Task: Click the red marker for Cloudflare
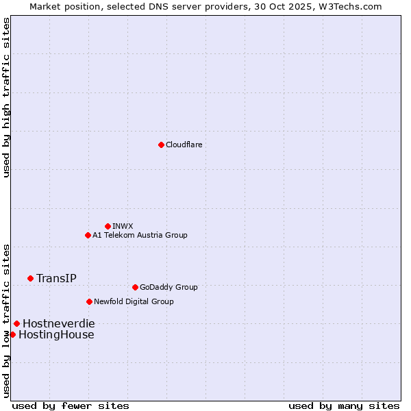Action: pos(161,145)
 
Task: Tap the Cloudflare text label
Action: pos(184,145)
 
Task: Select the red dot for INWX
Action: pos(108,226)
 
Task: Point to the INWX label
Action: pos(123,226)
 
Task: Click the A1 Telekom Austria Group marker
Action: pos(88,235)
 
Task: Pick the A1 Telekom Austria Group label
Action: pos(140,235)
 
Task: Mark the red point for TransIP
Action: pos(30,278)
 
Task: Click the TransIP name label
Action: pos(56,278)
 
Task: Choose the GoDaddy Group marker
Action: pos(135,287)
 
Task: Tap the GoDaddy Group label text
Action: pos(169,287)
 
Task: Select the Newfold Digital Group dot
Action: pos(89,301)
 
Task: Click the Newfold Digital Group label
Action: pos(134,301)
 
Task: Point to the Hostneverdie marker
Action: pos(16,323)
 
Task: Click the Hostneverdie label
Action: pos(59,323)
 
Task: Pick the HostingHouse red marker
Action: pos(12,334)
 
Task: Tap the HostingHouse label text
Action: pos(56,334)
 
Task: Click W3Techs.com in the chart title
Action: pos(349,6)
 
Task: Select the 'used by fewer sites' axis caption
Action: pos(71,406)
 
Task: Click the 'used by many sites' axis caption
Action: pos(344,406)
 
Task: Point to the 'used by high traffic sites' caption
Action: pos(6,97)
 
